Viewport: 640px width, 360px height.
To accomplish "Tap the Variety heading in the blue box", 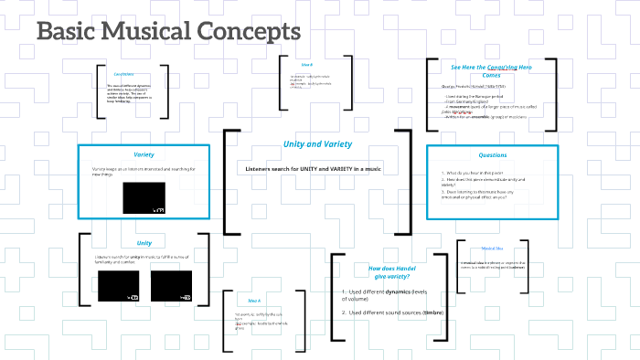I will point(144,154).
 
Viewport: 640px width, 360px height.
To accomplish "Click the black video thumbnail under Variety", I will point(144,198).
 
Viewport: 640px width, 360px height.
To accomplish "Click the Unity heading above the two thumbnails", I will point(144,243).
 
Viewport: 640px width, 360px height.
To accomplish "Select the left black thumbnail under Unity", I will point(119,286).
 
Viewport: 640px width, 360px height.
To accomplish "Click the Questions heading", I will point(492,155).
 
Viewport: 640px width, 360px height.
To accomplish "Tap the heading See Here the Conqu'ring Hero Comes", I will point(491,70).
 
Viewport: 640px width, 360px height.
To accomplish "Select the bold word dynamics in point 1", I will point(397,291).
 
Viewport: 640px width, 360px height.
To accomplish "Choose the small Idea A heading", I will point(254,301).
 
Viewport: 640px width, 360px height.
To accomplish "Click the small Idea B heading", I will point(307,65).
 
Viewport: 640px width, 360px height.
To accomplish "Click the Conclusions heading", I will point(123,74).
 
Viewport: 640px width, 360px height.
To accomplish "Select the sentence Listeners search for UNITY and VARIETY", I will point(314,169).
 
